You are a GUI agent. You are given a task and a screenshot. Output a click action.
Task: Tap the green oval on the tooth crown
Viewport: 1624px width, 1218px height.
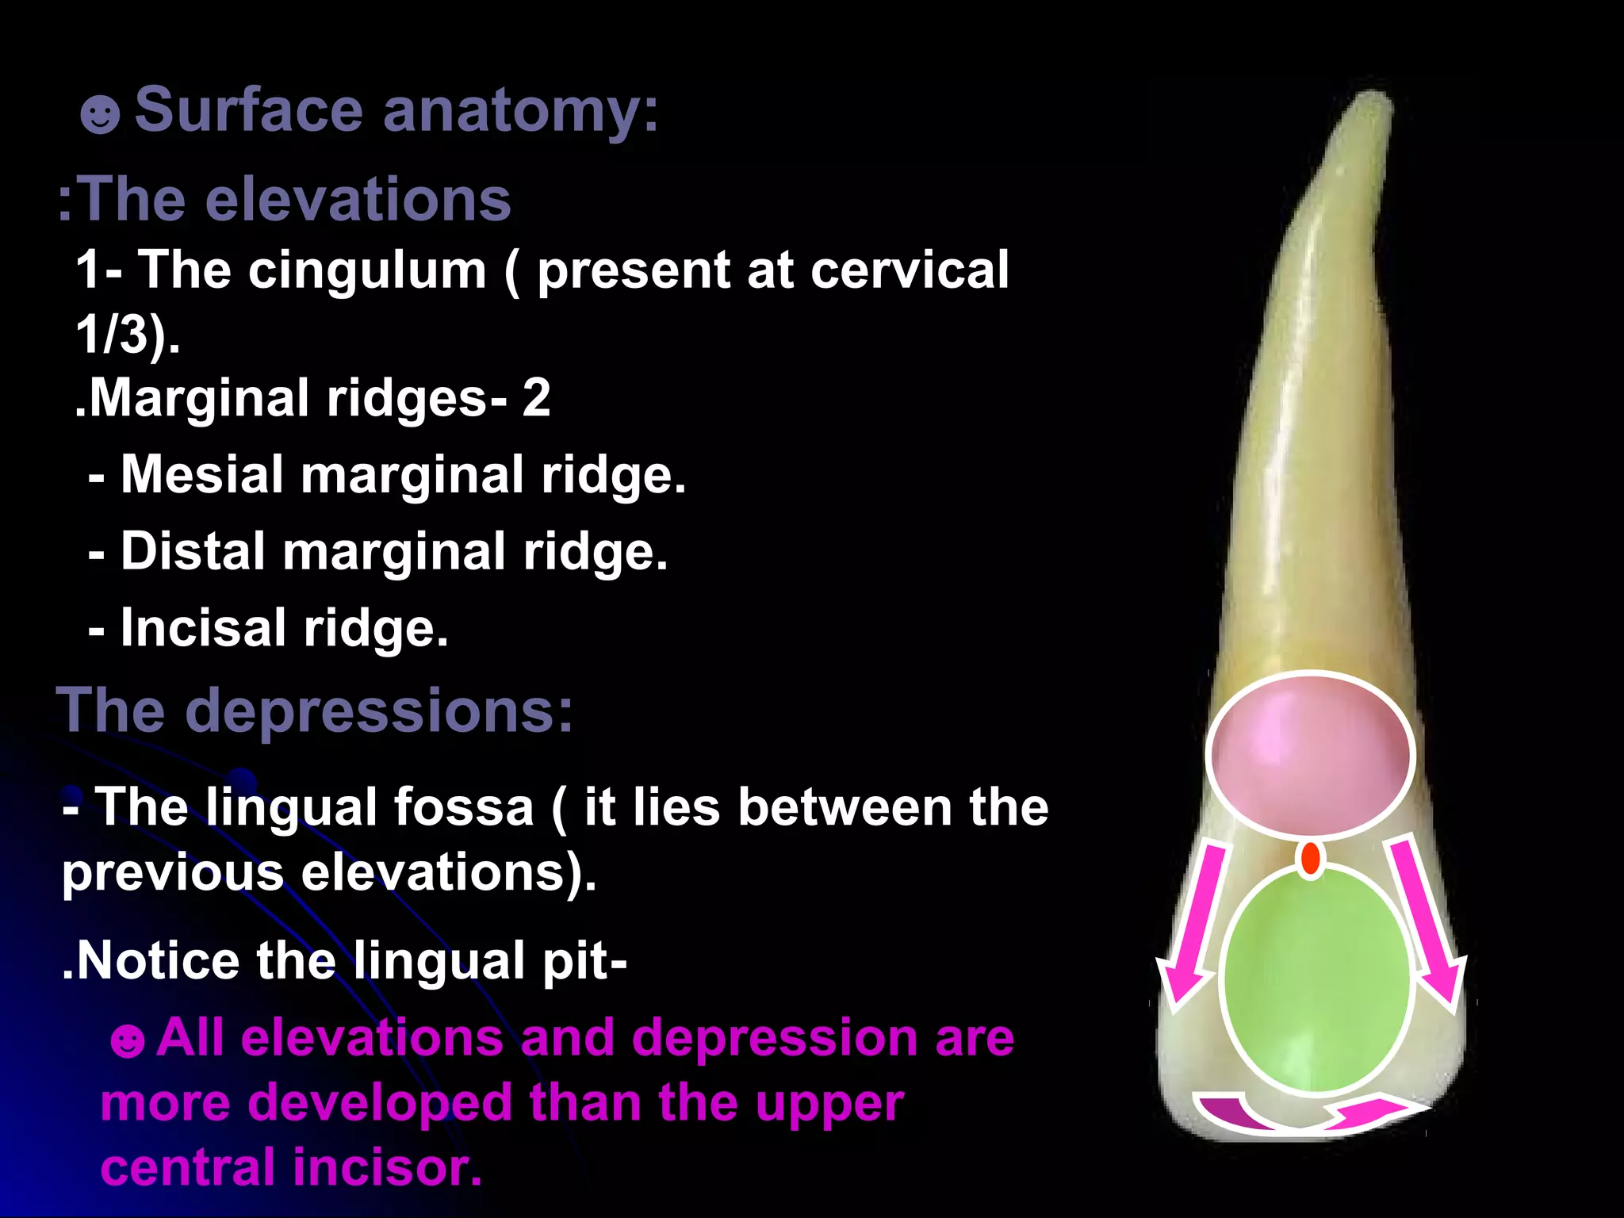[x=1316, y=980]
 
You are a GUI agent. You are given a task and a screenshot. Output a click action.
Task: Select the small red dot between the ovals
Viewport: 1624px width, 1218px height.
[x=1312, y=859]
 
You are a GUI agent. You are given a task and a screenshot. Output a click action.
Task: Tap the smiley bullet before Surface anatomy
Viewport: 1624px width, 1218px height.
[x=100, y=115]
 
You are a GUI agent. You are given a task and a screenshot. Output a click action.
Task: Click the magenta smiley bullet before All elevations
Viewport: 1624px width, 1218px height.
[x=128, y=1040]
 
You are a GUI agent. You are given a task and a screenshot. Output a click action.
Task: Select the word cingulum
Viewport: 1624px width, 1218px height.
[x=367, y=271]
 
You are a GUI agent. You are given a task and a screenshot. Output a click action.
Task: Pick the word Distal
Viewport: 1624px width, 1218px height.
[x=193, y=551]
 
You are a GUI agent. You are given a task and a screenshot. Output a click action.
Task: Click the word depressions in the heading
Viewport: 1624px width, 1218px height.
[x=378, y=710]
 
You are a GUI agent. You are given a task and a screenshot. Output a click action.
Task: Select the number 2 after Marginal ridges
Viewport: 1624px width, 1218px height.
[x=536, y=397]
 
